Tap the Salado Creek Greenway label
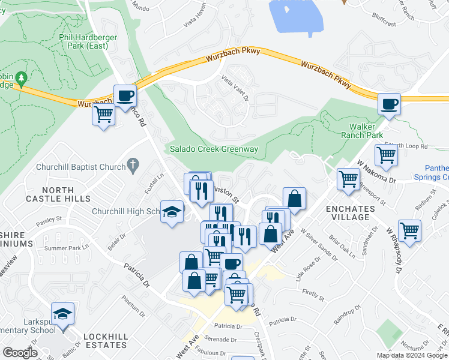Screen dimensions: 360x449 (214, 149)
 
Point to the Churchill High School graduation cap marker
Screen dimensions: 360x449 (172, 212)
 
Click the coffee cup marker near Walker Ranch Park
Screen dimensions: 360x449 (389, 104)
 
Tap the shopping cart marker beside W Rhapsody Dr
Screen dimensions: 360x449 (409, 231)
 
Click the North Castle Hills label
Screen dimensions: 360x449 (67, 194)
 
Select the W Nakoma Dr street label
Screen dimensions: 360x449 (376, 172)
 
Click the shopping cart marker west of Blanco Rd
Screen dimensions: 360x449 (104, 114)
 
